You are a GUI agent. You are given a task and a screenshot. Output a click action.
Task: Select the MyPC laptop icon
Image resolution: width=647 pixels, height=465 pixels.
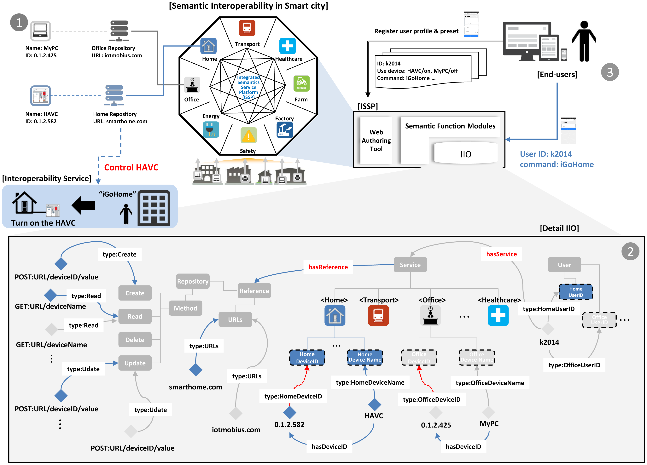[x=40, y=31]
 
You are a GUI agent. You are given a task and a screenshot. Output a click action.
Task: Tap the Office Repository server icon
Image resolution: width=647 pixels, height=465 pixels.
[x=119, y=31]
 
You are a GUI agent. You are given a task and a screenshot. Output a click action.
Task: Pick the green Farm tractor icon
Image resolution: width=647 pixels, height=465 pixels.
[x=301, y=83]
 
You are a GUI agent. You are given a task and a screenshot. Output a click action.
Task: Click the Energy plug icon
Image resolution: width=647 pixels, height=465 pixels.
[x=211, y=130]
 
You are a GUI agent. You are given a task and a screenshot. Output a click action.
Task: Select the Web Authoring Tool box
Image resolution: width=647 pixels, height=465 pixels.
[x=376, y=140]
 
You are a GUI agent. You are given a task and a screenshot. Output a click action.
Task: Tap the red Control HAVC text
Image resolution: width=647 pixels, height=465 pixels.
[x=131, y=167]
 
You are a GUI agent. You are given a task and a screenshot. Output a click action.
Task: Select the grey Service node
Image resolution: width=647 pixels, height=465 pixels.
[x=410, y=265]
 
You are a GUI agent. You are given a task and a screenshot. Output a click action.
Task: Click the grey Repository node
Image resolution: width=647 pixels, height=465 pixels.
[x=193, y=281]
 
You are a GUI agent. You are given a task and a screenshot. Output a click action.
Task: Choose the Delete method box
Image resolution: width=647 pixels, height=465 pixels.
[x=135, y=340]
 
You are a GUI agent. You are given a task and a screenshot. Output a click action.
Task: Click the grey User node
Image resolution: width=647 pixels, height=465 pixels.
[x=564, y=265]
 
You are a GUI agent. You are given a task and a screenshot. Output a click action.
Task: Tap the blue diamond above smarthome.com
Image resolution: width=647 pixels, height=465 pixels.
[x=196, y=370]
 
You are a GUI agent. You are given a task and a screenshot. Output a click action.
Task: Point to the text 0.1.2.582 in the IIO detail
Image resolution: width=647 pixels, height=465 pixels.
[x=289, y=425]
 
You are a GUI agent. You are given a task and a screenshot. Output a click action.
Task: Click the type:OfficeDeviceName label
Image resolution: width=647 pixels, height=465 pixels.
[x=490, y=383]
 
